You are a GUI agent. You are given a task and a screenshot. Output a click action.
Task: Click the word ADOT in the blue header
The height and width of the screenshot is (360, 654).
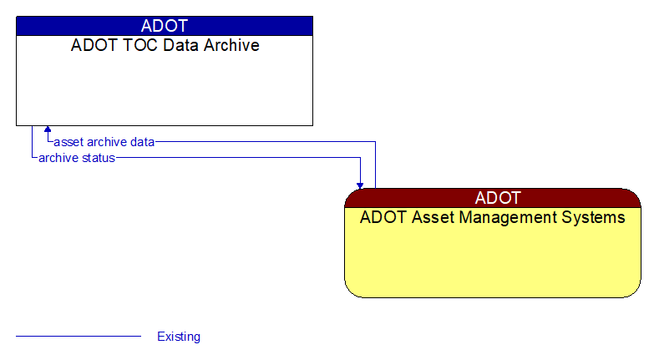[165, 26]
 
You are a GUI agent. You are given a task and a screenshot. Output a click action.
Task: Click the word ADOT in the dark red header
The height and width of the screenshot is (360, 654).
[498, 198]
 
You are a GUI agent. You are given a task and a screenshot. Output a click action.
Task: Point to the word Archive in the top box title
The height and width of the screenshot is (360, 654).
[230, 45]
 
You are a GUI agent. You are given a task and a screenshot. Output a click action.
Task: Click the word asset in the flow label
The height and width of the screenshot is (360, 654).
[68, 142]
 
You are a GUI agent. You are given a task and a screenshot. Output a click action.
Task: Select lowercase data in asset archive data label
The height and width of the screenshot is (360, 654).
[141, 142]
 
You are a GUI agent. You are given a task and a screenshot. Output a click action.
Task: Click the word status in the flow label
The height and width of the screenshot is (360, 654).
[98, 158]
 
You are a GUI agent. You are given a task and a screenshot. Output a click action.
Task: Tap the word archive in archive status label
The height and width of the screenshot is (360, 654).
[58, 158]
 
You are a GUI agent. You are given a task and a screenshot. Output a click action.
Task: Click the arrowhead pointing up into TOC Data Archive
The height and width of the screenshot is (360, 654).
[48, 130]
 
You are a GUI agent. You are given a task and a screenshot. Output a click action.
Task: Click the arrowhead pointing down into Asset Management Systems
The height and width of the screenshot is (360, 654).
[360, 184]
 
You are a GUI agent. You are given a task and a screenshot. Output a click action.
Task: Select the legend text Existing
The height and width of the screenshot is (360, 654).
[179, 337]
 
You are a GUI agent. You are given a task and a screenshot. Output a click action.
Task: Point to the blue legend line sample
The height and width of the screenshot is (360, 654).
[79, 337]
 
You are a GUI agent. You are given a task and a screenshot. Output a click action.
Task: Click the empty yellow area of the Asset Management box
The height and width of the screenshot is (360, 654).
[493, 263]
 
